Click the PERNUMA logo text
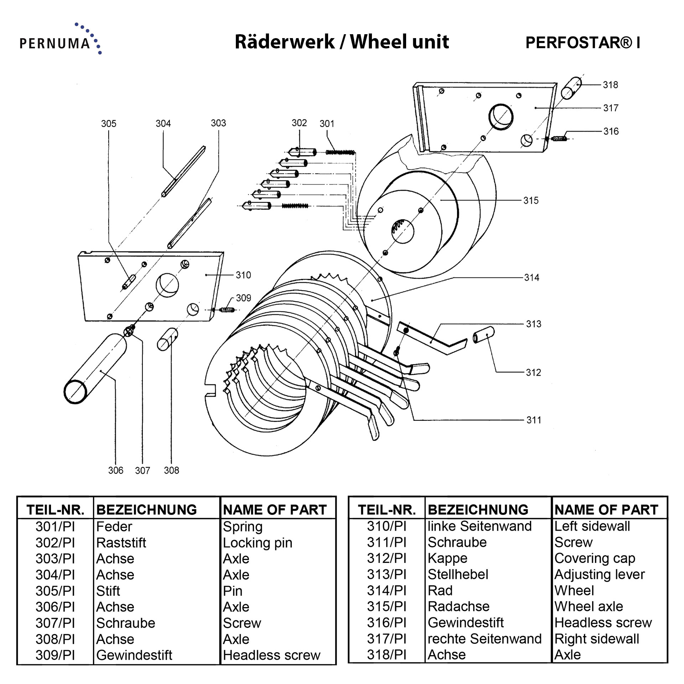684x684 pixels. click(x=55, y=43)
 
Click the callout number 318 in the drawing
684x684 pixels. click(x=610, y=85)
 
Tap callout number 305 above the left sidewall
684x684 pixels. click(x=109, y=124)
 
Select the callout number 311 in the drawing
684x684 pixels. click(x=534, y=420)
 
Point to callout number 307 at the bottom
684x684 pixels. click(x=142, y=471)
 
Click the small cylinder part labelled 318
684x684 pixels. click(x=571, y=88)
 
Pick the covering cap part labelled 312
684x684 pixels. click(x=483, y=335)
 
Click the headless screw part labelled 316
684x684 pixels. click(x=559, y=138)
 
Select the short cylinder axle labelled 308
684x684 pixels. click(x=167, y=339)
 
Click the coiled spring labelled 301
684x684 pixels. click(x=340, y=152)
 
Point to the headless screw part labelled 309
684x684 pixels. click(x=227, y=310)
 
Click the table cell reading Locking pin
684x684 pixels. click(x=257, y=543)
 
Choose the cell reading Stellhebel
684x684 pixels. click(x=458, y=574)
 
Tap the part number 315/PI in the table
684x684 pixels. click(x=387, y=606)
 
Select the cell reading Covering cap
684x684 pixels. click(x=595, y=558)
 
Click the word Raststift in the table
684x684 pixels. click(x=121, y=543)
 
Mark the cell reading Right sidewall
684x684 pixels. click(x=597, y=639)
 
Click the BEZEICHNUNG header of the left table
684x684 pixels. click(x=146, y=510)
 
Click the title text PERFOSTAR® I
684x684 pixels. click(x=582, y=43)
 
